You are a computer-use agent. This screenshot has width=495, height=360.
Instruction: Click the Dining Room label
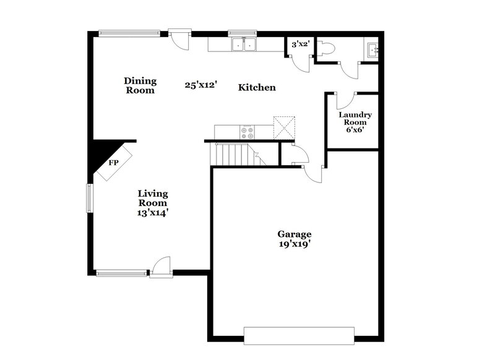(140, 85)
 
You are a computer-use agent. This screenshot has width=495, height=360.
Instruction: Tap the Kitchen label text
(257, 88)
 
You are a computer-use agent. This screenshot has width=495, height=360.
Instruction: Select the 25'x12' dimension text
(201, 85)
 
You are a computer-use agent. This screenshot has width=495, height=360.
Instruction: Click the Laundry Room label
(355, 118)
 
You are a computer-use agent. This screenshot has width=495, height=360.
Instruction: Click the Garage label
(294, 234)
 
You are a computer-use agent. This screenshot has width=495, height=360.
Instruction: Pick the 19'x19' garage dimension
(294, 244)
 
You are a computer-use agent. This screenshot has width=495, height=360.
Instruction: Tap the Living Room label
(152, 198)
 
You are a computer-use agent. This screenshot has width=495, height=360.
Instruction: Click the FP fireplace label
(113, 163)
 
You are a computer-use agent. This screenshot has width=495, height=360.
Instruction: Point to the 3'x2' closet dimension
(300, 45)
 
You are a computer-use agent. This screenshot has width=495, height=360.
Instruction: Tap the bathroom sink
(372, 48)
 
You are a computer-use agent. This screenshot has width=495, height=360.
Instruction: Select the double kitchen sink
(244, 45)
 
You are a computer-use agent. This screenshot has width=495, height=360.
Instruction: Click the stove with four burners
(247, 131)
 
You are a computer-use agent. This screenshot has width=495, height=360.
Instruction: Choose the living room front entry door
(160, 266)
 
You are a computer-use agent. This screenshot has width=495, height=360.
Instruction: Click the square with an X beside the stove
(285, 127)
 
